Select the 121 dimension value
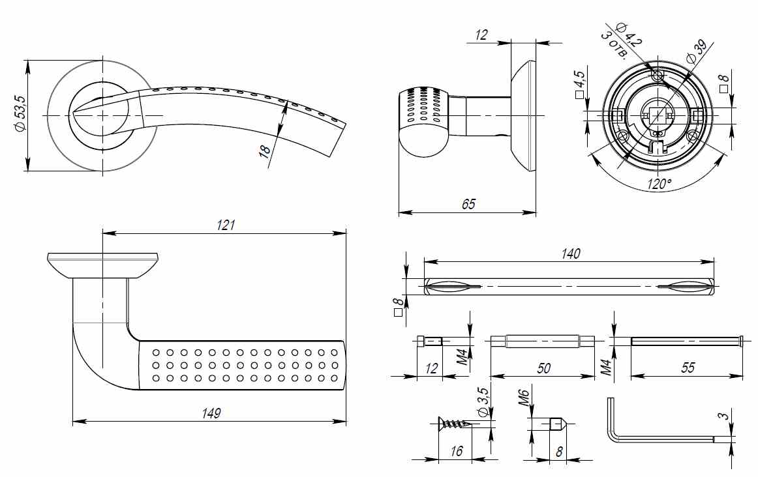(225, 225)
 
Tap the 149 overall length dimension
(211, 413)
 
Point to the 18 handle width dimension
(265, 151)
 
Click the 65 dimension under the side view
(468, 204)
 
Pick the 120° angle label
(659, 184)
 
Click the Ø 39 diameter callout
(697, 51)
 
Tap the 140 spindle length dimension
(570, 253)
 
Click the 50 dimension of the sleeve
(543, 368)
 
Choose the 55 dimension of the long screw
(688, 368)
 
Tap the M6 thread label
(526, 397)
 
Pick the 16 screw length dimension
(457, 451)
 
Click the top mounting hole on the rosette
(658, 76)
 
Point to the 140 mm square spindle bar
(569, 286)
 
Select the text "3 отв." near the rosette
(613, 45)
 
